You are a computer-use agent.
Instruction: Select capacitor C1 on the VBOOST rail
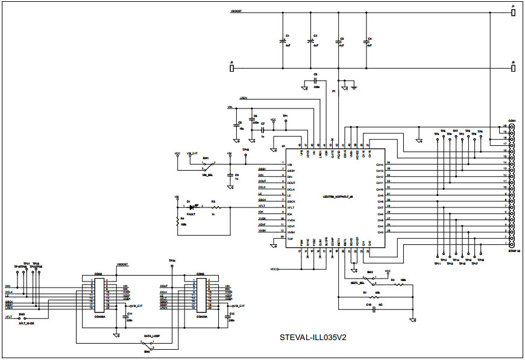pyautogui.click(x=283, y=42)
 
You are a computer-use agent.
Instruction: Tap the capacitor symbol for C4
pyautogui.click(x=367, y=42)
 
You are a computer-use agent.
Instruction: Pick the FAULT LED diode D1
pyautogui.click(x=192, y=207)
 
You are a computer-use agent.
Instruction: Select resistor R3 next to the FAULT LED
pyautogui.click(x=216, y=207)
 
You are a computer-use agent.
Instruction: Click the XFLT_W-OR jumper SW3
pyautogui.click(x=23, y=317)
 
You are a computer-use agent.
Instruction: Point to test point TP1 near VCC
pyautogui.click(x=286, y=120)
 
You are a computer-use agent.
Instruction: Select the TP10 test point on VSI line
pyautogui.click(x=245, y=154)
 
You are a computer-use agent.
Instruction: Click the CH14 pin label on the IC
pyautogui.click(x=380, y=164)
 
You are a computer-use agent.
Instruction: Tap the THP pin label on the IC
pyautogui.click(x=291, y=239)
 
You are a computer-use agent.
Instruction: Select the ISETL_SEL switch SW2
pyautogui.click(x=374, y=280)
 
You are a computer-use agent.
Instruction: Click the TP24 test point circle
pyautogui.click(x=172, y=265)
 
